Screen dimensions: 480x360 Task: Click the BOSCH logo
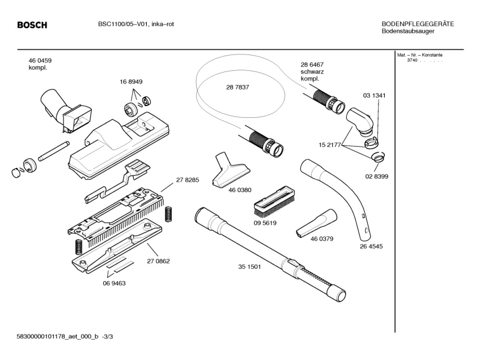coord(32,25)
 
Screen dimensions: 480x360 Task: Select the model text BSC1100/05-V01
coord(124,24)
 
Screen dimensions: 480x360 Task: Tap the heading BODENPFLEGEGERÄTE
coord(418,24)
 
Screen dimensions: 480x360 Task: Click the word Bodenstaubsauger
coord(408,31)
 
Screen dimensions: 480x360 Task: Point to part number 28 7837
coord(237,87)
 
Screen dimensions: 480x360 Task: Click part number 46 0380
coord(240,190)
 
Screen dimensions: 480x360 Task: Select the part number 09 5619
coord(265,223)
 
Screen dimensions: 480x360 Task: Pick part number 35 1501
coord(249,266)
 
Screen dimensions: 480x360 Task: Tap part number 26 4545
coord(371,247)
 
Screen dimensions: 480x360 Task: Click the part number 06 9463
coord(114,283)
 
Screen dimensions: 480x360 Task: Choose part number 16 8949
coord(131,82)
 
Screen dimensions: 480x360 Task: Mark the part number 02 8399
coord(376,177)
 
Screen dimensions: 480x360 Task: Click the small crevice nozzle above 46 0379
coord(316,223)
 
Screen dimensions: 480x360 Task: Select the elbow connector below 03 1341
coord(360,120)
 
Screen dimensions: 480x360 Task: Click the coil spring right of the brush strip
coord(168,214)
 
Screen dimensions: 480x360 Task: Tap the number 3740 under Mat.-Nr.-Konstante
coord(412,60)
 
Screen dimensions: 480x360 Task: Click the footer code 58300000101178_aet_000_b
coord(58,337)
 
